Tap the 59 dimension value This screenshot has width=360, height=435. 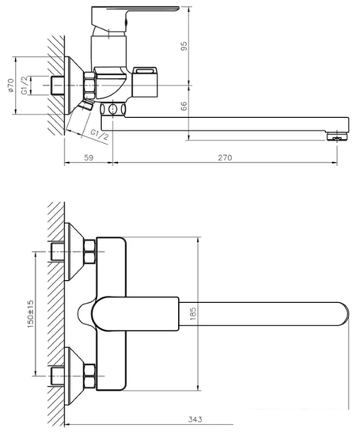coord(89,158)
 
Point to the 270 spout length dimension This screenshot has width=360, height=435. coord(224,158)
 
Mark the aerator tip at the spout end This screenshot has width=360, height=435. coord(338,136)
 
